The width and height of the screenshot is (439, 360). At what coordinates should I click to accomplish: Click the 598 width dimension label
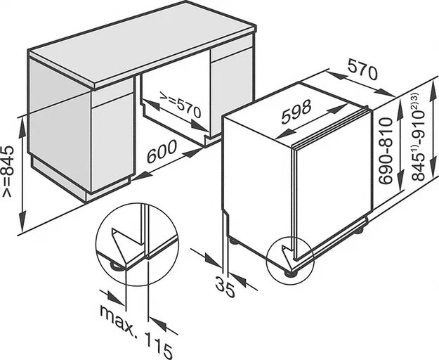click(296, 112)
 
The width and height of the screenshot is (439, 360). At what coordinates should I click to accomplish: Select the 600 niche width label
click(162, 152)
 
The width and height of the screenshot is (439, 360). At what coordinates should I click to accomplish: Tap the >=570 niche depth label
click(181, 104)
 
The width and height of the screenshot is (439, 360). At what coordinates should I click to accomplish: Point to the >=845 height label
click(8, 171)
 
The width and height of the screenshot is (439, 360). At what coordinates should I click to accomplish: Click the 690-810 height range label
click(385, 150)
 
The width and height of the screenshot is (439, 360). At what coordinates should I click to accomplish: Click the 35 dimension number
click(225, 285)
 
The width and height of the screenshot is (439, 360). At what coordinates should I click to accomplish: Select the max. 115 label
click(136, 333)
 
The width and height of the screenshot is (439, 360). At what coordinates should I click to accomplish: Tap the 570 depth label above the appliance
click(363, 70)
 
